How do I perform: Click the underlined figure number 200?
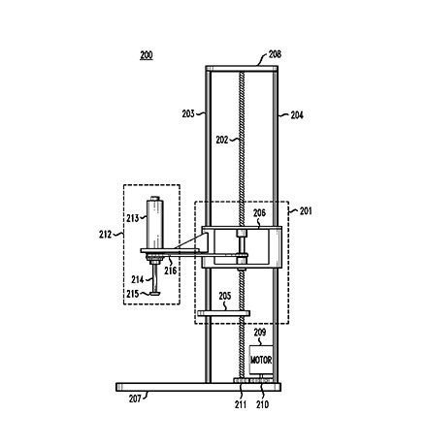[147, 55]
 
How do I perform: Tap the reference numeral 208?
[275, 54]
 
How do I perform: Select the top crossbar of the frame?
[242, 69]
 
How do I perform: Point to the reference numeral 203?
[188, 113]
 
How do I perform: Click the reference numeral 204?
[297, 115]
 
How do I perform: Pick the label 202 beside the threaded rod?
[222, 140]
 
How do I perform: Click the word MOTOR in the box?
[261, 360]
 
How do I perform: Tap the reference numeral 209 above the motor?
[260, 333]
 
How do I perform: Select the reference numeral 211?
[241, 404]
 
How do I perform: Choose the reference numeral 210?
[262, 404]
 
